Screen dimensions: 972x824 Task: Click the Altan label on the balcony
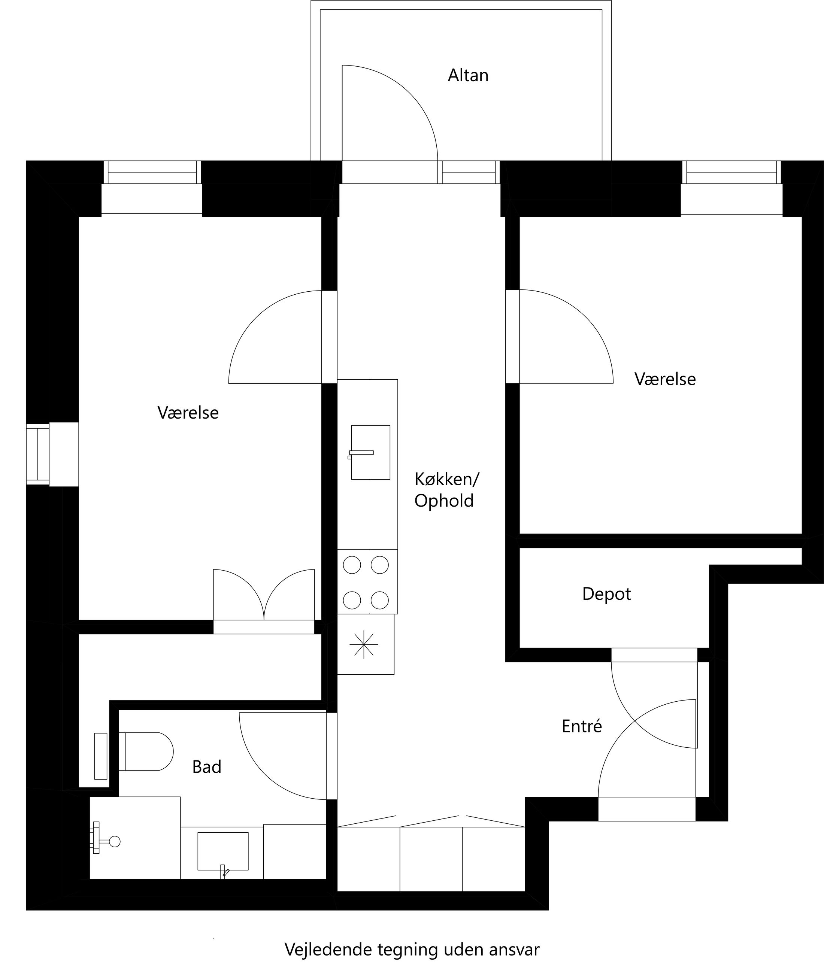pyautogui.click(x=468, y=75)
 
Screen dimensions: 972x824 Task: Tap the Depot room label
pyautogui.click(x=606, y=594)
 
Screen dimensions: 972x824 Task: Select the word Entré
pyautogui.click(x=582, y=726)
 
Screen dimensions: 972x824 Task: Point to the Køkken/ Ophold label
pyautogui.click(x=446, y=490)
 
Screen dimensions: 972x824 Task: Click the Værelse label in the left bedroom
pyautogui.click(x=188, y=413)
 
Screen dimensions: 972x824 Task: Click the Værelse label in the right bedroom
pyautogui.click(x=665, y=379)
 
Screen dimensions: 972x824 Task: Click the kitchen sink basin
pyautogui.click(x=370, y=452)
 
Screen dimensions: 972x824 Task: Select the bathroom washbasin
pyautogui.click(x=223, y=851)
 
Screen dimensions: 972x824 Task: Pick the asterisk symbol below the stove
pyautogui.click(x=364, y=645)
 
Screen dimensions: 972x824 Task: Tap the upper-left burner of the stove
pyautogui.click(x=352, y=565)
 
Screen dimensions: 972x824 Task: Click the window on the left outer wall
pyautogui.click(x=38, y=454)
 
